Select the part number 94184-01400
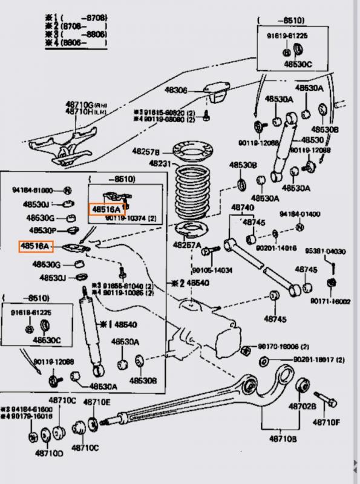pyautogui.click(x=300, y=214)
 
